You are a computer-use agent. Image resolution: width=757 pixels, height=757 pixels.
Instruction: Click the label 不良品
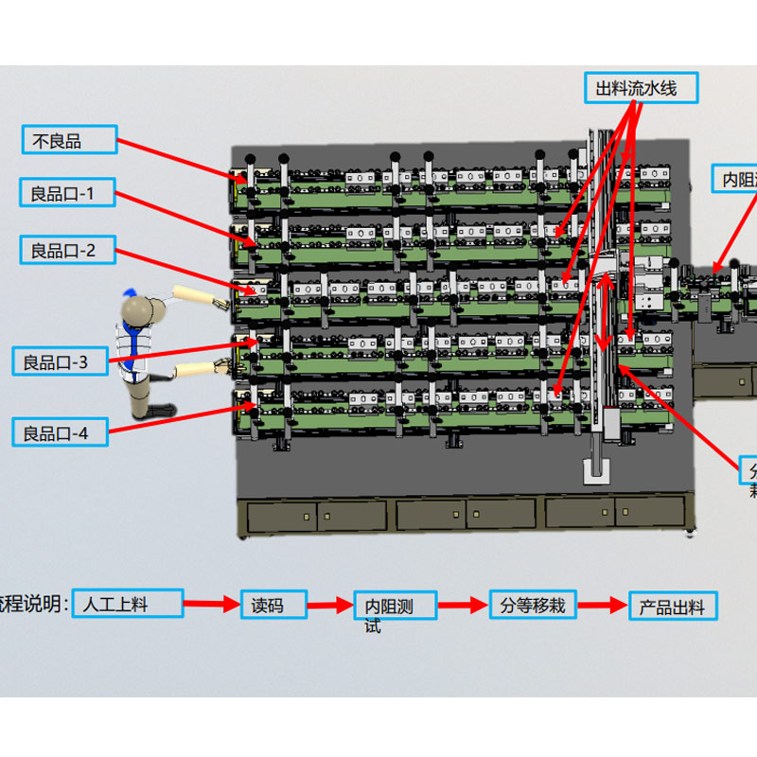pos(69,140)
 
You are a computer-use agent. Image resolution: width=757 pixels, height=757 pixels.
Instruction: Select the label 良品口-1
pos(68,194)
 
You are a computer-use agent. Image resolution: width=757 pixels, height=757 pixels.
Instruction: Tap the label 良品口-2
pos(69,251)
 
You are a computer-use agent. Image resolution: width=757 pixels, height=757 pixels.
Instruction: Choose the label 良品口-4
pos(62,433)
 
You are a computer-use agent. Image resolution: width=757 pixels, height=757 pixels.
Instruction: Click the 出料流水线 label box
pos(642,89)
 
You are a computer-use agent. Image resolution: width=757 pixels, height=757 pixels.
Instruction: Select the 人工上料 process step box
pos(128,603)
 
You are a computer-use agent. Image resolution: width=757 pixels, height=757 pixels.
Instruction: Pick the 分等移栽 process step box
pos(533,604)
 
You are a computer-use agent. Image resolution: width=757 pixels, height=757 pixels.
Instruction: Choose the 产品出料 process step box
pos(673,607)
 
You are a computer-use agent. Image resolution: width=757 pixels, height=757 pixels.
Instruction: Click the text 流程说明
pos(33,604)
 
